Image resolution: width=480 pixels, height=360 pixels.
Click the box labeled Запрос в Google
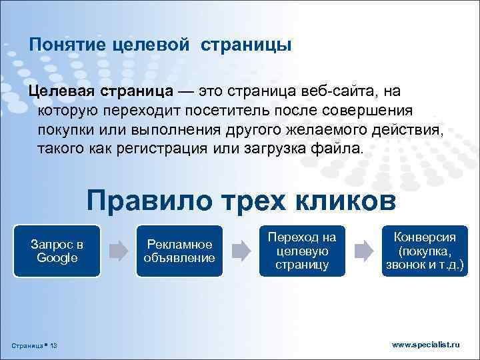(57, 250)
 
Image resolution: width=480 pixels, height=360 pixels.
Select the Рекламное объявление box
(179, 250)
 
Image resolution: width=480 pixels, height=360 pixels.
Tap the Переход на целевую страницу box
(301, 250)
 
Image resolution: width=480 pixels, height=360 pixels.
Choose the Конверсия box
(424, 250)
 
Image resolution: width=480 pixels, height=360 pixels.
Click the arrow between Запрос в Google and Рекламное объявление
(118, 251)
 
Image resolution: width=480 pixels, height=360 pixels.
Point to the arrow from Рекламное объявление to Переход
(240, 251)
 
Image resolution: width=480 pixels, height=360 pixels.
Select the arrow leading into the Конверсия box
(363, 251)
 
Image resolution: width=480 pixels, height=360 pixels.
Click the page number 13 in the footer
(53, 345)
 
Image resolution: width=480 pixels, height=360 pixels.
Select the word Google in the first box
(57, 257)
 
